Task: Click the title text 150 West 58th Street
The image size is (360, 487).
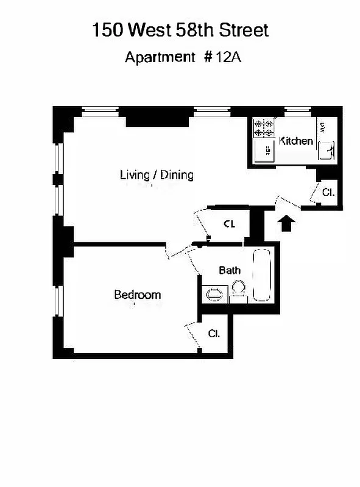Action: (x=180, y=30)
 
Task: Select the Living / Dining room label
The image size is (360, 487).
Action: (x=157, y=175)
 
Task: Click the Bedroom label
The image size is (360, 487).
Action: (x=138, y=295)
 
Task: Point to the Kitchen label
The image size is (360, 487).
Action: (x=296, y=141)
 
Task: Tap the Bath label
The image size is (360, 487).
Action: (x=230, y=270)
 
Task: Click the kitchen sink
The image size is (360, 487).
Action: (x=327, y=150)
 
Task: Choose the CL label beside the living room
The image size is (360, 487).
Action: (x=229, y=224)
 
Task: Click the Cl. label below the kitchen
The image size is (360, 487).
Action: (x=328, y=192)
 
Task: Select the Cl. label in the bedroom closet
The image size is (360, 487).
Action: (x=214, y=334)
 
